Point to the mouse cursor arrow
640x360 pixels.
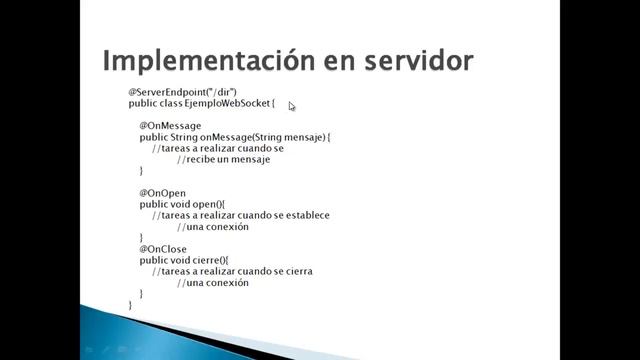coord(292,106)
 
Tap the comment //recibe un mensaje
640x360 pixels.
coord(223,159)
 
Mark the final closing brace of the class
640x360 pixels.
coord(130,304)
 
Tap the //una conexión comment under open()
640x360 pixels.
coord(212,227)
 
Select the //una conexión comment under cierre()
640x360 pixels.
coord(212,283)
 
